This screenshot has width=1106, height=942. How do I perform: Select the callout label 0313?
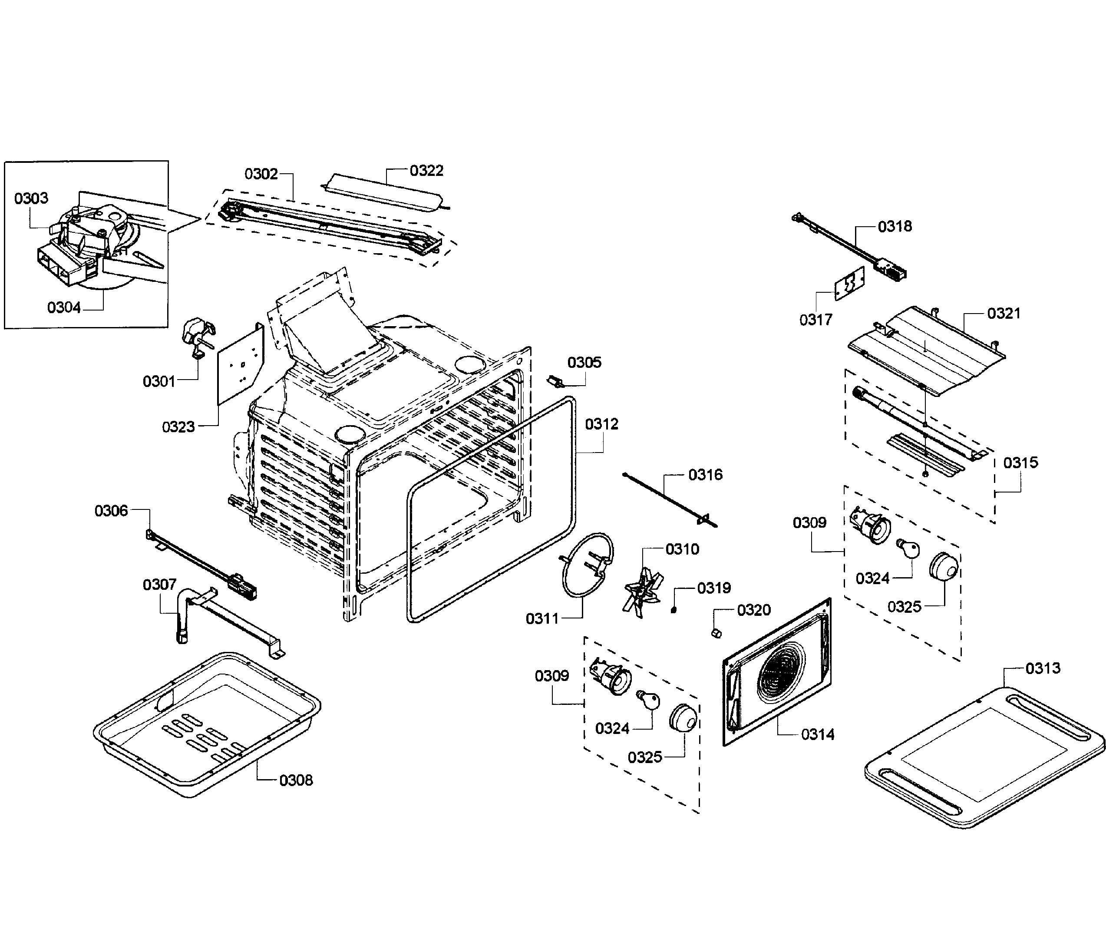(1043, 668)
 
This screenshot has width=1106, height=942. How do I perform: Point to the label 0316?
(705, 474)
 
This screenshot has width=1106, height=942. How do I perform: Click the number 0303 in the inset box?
(31, 198)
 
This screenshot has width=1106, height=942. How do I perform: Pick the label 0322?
(426, 170)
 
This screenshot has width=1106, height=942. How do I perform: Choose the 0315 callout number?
(1020, 463)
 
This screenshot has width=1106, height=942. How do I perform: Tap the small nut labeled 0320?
(717, 633)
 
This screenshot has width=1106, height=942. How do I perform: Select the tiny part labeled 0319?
(674, 609)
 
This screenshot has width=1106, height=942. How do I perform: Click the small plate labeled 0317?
(850, 284)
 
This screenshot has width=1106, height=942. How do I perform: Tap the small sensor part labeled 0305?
(555, 382)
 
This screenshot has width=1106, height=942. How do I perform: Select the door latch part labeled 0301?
(195, 337)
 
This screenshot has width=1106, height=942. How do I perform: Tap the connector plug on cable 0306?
(244, 584)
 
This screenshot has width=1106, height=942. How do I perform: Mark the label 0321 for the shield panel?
(1004, 314)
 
